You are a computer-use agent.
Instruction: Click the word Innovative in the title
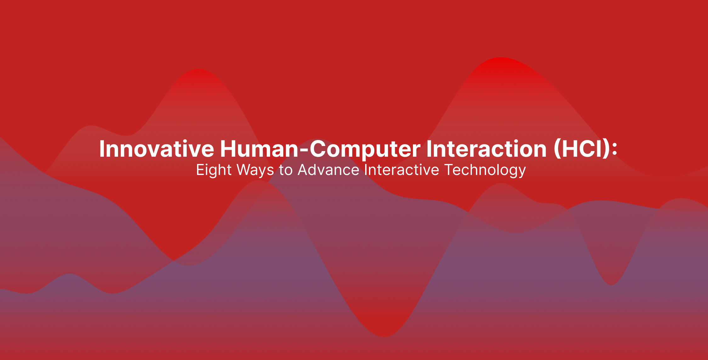click(x=157, y=149)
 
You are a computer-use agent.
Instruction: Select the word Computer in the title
click(x=365, y=149)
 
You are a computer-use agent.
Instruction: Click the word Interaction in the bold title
click(x=486, y=149)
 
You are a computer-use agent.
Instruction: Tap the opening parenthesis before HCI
click(x=557, y=149)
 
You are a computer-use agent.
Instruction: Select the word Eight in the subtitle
click(x=214, y=170)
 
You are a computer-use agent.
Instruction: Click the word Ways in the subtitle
click(x=255, y=170)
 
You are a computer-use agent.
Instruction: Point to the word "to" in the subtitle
click(x=286, y=171)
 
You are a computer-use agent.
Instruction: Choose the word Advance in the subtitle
click(x=328, y=170)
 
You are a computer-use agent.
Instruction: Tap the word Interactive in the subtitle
click(x=402, y=170)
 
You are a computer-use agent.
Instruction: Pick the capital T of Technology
click(x=449, y=170)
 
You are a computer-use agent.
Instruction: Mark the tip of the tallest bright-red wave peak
click(x=501, y=58)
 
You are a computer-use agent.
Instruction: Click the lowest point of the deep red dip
click(x=384, y=336)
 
